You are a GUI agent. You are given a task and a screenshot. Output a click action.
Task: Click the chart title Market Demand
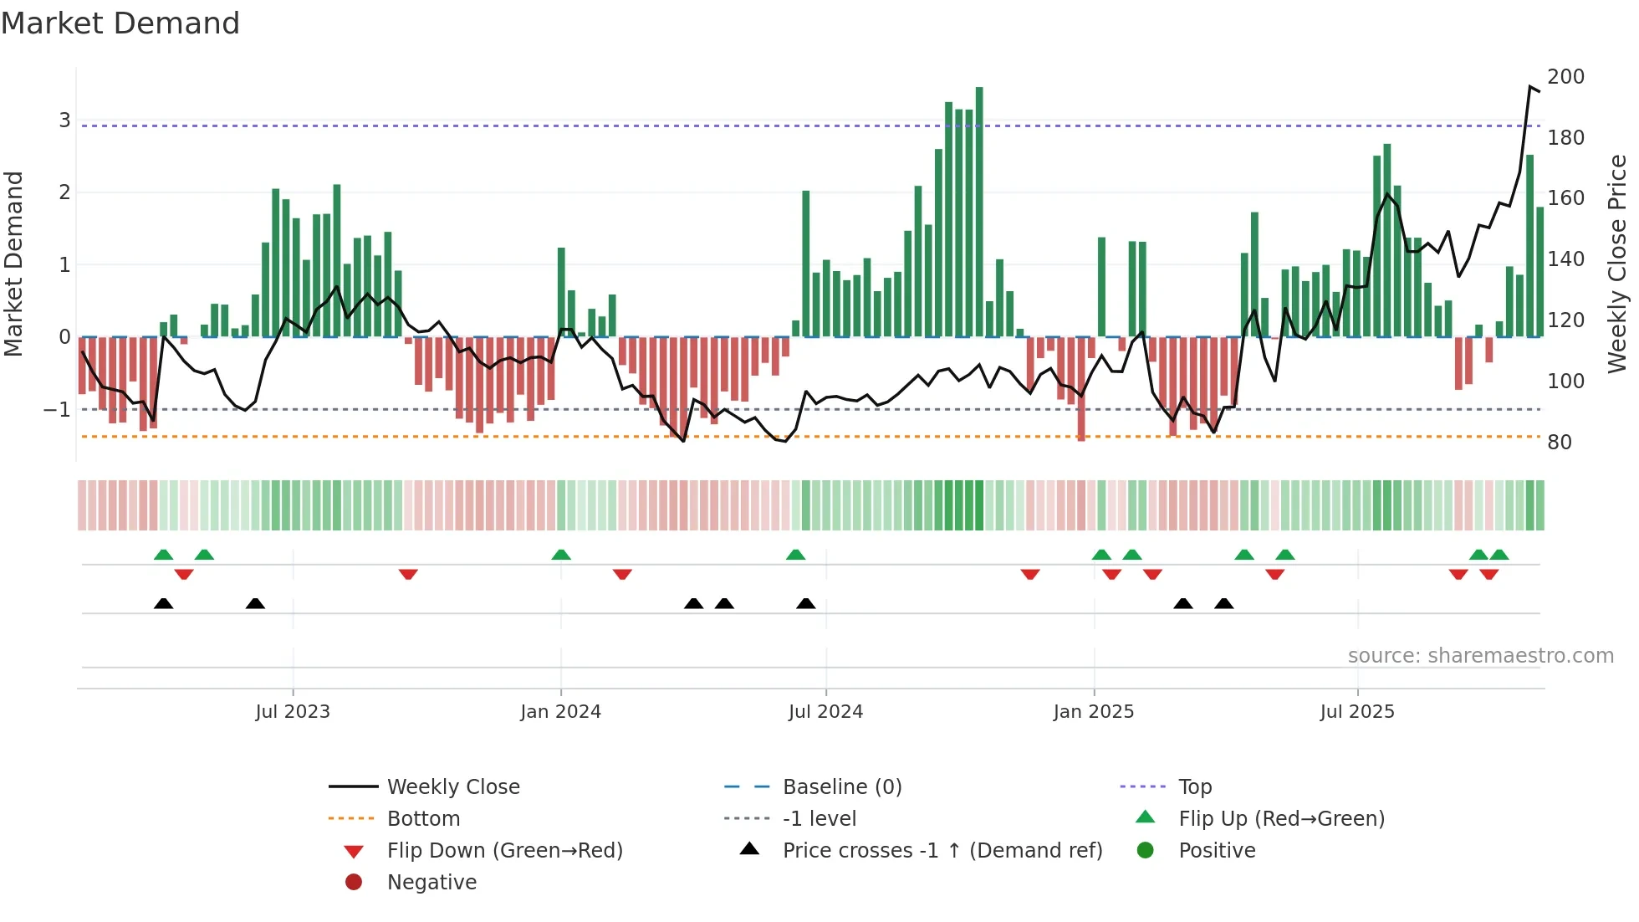pyautogui.click(x=120, y=23)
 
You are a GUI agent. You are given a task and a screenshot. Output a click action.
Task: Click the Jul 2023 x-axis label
pyautogui.click(x=293, y=712)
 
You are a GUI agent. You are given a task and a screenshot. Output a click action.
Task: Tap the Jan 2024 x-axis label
pyautogui.click(x=560, y=712)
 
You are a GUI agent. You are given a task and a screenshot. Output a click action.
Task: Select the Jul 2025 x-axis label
pyautogui.click(x=1357, y=712)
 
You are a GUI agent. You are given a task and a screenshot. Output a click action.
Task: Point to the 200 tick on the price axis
pyautogui.click(x=1565, y=77)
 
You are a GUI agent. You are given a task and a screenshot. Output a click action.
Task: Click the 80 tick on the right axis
pyautogui.click(x=1559, y=443)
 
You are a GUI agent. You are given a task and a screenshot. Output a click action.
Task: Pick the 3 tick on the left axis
pyautogui.click(x=64, y=120)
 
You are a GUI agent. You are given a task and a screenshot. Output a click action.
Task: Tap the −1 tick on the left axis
pyautogui.click(x=58, y=410)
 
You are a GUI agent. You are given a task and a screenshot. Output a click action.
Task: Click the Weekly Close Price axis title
pyautogui.click(x=1617, y=264)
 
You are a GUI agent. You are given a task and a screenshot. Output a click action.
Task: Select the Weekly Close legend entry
pyautogui.click(x=453, y=787)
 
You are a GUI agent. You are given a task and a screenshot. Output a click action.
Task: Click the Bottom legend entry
pyautogui.click(x=423, y=819)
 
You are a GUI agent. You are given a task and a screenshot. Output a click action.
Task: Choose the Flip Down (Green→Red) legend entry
pyautogui.click(x=504, y=851)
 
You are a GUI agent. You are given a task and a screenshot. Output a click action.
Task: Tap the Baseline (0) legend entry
pyautogui.click(x=842, y=787)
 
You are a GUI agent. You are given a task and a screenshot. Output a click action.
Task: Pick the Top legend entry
pyautogui.click(x=1195, y=787)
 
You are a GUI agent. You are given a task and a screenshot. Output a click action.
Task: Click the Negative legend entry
pyautogui.click(x=431, y=883)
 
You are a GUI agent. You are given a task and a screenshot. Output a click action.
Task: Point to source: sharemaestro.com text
pyautogui.click(x=1480, y=656)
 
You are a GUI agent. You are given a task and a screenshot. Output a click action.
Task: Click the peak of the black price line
pyautogui.click(x=1530, y=87)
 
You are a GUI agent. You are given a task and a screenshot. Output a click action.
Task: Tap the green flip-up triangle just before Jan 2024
pyautogui.click(x=561, y=555)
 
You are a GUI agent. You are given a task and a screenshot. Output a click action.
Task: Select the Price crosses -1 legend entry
pyautogui.click(x=942, y=851)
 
